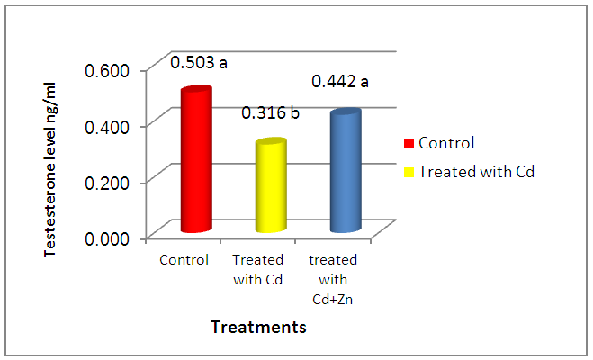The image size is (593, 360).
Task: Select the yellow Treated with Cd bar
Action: pyautogui.click(x=271, y=185)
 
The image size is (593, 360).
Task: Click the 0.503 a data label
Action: pyautogui.click(x=199, y=62)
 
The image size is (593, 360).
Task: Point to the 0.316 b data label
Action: pyautogui.click(x=271, y=112)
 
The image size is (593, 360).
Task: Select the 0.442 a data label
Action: pyautogui.click(x=340, y=81)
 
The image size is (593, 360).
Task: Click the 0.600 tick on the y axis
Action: pyautogui.click(x=107, y=70)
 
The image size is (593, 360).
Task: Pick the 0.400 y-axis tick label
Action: pyautogui.click(x=107, y=127)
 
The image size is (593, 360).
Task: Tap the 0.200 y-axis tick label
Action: pyautogui.click(x=107, y=183)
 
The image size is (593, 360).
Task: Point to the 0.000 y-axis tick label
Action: pyautogui.click(x=107, y=239)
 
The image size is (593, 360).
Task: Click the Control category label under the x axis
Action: pyautogui.click(x=184, y=260)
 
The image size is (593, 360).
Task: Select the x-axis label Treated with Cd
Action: pyautogui.click(x=258, y=270)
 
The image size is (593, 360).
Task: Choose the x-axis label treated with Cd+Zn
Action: pyautogui.click(x=333, y=280)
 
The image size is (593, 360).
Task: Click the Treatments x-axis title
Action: pyautogui.click(x=258, y=327)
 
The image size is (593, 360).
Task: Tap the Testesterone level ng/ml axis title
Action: pyautogui.click(x=49, y=170)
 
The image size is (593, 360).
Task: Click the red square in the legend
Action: pyautogui.click(x=409, y=144)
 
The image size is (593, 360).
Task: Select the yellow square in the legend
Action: pyautogui.click(x=409, y=173)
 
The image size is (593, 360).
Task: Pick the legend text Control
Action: pyautogui.click(x=446, y=143)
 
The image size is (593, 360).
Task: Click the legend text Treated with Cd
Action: pyautogui.click(x=477, y=172)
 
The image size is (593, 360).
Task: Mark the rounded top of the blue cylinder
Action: pyautogui.click(x=346, y=112)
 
